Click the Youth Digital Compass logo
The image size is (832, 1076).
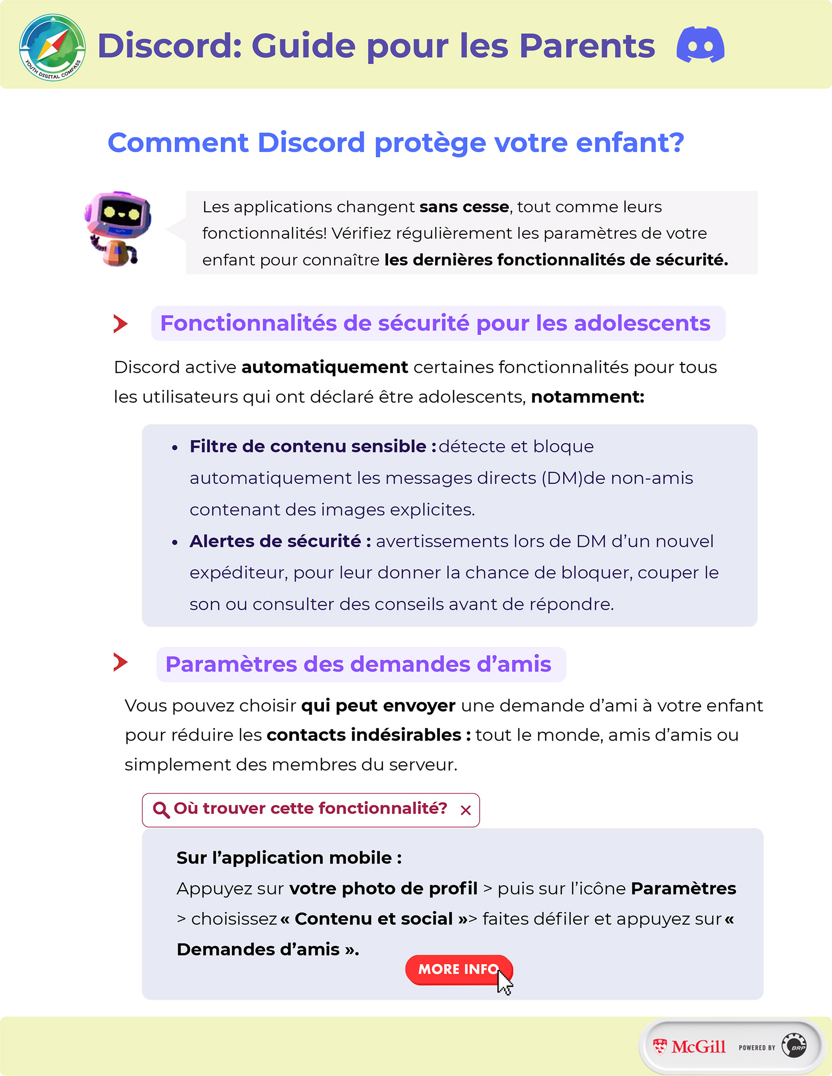pos(52,47)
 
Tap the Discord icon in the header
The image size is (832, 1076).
pos(700,45)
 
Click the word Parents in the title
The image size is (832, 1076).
pos(586,46)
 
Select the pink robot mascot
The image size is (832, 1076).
pos(118,228)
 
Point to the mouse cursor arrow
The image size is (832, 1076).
pos(504,983)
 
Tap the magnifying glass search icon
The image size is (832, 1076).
pos(161,809)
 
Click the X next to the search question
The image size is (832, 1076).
pos(465,810)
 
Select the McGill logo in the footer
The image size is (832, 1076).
pos(689,1047)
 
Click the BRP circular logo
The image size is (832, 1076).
pos(794,1046)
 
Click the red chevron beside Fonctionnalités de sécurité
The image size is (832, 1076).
pos(120,324)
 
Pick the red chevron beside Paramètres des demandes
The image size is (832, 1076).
pos(120,662)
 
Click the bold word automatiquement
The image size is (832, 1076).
pos(324,367)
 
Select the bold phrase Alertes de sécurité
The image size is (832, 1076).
pos(280,541)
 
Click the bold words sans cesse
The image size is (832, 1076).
pos(464,207)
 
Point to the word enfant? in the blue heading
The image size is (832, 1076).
pos(629,143)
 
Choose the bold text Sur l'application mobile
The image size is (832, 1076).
pos(289,858)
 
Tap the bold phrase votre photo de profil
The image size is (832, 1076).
pos(383,888)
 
